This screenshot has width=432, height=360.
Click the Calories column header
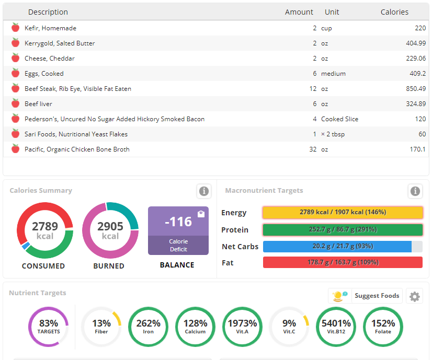click(x=394, y=12)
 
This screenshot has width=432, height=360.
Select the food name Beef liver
click(x=38, y=104)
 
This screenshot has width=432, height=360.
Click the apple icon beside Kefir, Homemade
click(x=15, y=28)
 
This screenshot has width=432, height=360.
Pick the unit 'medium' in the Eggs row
click(x=333, y=74)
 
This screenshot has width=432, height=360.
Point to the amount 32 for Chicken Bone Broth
click(x=312, y=149)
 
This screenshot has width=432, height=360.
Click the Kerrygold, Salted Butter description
click(x=60, y=43)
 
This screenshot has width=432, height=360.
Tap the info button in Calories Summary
click(x=204, y=191)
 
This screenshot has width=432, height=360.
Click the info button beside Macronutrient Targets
click(x=415, y=191)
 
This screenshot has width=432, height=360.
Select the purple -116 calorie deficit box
click(x=178, y=230)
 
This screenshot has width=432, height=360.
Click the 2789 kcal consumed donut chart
click(x=45, y=230)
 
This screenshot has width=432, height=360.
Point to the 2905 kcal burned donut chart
click(x=110, y=230)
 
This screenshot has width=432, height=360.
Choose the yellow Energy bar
click(x=343, y=213)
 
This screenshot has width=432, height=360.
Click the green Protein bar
click(x=343, y=230)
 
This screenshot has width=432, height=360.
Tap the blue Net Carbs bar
click(x=337, y=247)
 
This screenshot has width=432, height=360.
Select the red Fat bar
click(x=343, y=262)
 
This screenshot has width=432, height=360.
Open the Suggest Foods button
click(x=366, y=296)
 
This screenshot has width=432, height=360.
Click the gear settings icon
click(x=415, y=297)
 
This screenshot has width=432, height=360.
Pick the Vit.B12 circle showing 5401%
click(x=336, y=327)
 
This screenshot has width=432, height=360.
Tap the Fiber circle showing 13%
click(x=101, y=327)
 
